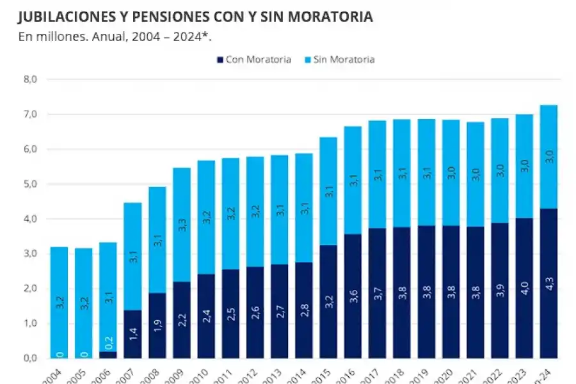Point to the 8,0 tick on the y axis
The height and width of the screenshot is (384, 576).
(31, 79)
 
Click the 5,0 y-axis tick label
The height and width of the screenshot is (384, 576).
(31, 184)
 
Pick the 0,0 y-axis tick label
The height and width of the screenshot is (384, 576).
(31, 358)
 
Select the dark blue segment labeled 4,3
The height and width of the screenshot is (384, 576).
(548, 283)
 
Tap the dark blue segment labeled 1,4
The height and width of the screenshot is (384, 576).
(132, 333)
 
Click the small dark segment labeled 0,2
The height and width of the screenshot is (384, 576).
(108, 355)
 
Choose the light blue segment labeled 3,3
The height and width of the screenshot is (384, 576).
(182, 225)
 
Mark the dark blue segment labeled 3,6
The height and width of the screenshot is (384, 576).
(353, 296)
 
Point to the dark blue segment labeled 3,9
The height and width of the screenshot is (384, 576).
(499, 290)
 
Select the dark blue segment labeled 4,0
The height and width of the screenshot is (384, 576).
(524, 288)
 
